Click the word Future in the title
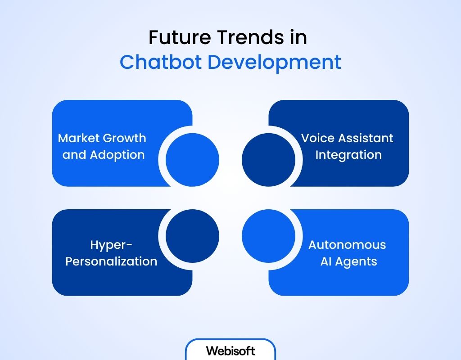[x=175, y=38]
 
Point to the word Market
[x=79, y=138]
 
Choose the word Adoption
[x=117, y=155]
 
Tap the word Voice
[x=316, y=138]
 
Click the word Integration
[x=348, y=155]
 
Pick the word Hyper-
[x=111, y=245]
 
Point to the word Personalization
[x=111, y=261]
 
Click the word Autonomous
[x=347, y=245]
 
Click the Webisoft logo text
[x=230, y=351]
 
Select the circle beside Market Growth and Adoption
[x=192, y=159]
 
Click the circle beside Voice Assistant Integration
[x=269, y=159]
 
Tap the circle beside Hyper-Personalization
[x=192, y=236]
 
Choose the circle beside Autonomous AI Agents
[x=269, y=236]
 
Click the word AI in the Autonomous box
[x=326, y=261]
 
